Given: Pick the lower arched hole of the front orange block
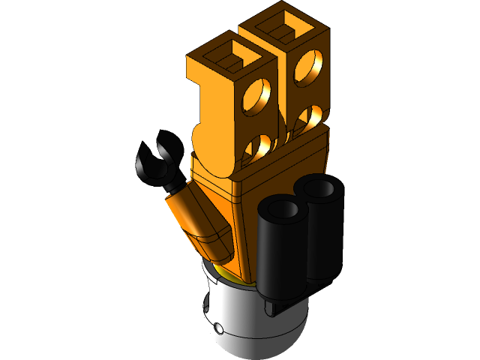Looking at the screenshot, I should (x=259, y=145).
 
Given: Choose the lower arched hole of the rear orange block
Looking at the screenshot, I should (x=310, y=116).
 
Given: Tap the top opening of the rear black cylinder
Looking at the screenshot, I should (x=320, y=187).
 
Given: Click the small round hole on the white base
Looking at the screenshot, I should (x=217, y=327).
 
